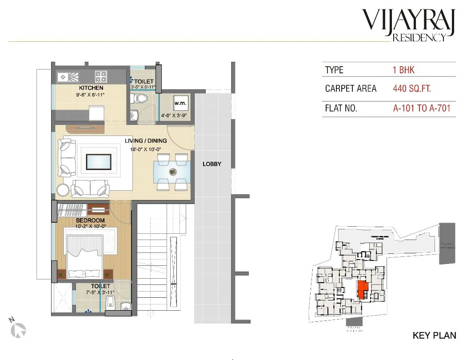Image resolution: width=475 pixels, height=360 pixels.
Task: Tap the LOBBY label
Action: coord(212,164)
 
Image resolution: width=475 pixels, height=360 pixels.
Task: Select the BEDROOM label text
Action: coord(90,220)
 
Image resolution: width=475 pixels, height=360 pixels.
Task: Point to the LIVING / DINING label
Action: coord(145,141)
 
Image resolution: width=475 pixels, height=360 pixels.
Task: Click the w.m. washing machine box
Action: coord(181,103)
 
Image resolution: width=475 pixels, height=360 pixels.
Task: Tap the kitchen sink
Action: coord(68,76)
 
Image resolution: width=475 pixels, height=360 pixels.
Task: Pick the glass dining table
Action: coord(172,171)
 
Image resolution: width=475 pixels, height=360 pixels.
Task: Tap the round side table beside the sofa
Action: coord(63,190)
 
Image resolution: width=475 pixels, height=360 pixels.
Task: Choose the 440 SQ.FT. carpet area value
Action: coord(412,88)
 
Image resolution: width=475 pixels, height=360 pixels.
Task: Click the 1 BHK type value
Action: coord(403,70)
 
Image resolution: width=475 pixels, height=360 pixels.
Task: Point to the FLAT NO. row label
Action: coord(341,108)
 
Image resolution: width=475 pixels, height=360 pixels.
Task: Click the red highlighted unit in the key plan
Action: coord(363,290)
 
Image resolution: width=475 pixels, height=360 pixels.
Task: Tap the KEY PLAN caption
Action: coord(434,335)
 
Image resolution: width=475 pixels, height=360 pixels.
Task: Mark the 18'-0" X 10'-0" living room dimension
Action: coord(145,150)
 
